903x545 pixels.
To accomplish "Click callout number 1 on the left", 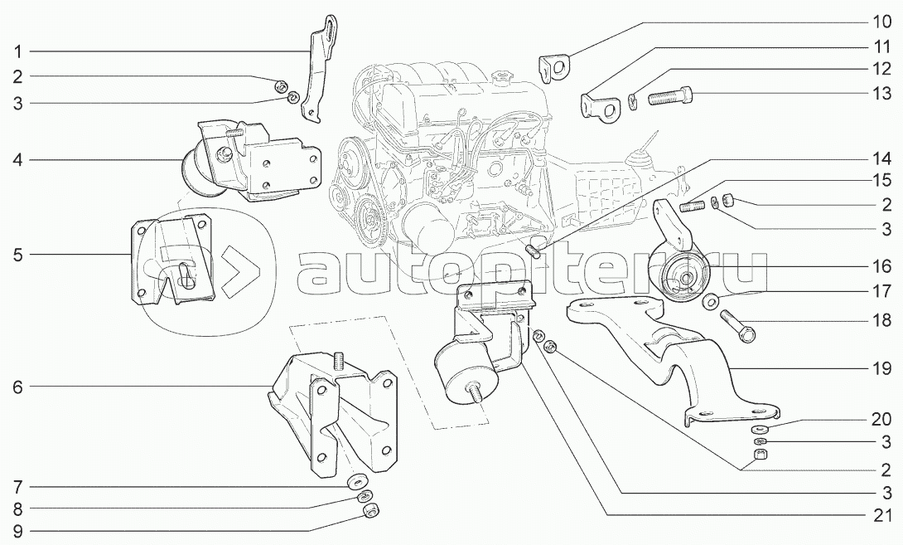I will point(17,51).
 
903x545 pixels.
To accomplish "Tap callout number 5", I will point(17,255).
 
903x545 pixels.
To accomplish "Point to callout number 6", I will point(17,387).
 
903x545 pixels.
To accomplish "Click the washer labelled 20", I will point(758,429).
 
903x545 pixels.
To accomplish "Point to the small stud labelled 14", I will point(534,251).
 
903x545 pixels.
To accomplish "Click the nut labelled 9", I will point(371,510).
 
